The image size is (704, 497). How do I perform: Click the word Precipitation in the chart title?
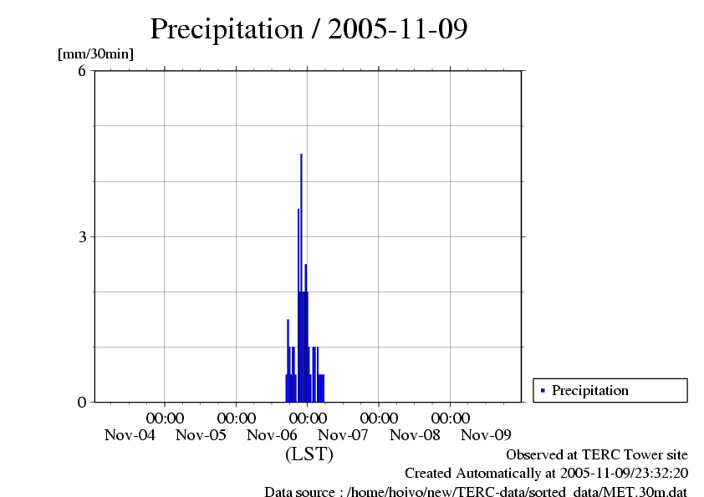point(226,29)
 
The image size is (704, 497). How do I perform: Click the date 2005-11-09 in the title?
point(398,29)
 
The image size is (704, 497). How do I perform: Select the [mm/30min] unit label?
point(95,54)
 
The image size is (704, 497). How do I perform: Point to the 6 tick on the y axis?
point(82,71)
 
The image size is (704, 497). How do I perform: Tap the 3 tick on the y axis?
point(82,236)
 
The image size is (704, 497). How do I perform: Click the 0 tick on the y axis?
point(82,402)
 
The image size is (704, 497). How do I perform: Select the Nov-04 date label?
point(130,434)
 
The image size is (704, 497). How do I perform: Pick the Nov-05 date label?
point(202,434)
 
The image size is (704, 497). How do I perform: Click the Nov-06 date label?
point(273,434)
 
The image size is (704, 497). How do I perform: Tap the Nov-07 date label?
point(344,434)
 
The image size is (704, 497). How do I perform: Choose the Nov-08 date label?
point(416,434)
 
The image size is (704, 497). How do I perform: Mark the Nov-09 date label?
point(487,434)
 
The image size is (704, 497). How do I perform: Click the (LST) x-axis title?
point(309,454)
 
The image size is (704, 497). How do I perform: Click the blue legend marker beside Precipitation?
point(543,390)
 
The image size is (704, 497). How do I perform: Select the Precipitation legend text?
point(590,390)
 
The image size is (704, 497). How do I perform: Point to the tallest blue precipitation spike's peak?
point(301,155)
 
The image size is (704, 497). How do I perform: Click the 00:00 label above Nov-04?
point(166,418)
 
